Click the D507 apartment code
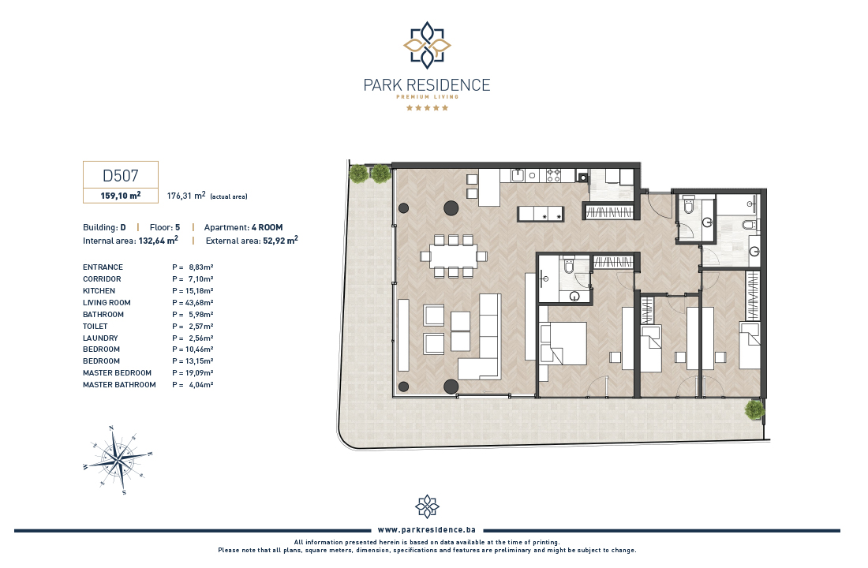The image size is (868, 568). [x=120, y=175]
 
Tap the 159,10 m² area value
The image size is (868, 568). [x=121, y=196]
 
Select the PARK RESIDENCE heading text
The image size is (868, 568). [x=427, y=84]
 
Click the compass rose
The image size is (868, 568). [x=118, y=459]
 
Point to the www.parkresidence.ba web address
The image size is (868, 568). [x=427, y=530]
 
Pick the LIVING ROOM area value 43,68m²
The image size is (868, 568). [x=193, y=303]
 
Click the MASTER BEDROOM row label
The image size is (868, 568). [x=117, y=373]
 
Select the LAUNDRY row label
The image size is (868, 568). [x=100, y=338]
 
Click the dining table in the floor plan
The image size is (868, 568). [x=454, y=256]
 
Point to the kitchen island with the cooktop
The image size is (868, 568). [x=541, y=214]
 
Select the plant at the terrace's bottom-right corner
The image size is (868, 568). [x=754, y=410]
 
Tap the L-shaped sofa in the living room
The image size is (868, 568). [x=481, y=337]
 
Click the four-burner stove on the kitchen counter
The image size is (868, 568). [x=554, y=175]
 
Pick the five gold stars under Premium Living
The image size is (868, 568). [x=427, y=107]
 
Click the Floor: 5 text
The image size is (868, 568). [x=165, y=227]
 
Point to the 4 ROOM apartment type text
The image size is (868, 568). [x=267, y=227]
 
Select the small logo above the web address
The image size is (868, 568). [x=427, y=506]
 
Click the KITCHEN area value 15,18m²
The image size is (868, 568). [x=193, y=291]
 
